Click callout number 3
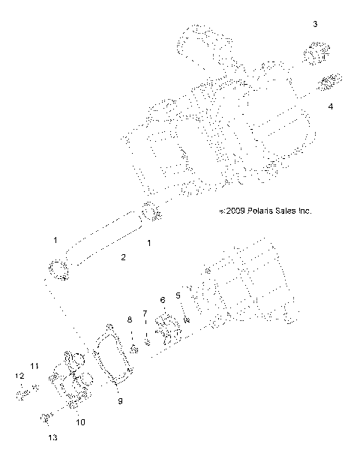[x=315, y=25]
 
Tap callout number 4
[x=331, y=106]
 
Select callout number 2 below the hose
[x=124, y=257]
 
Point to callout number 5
[x=178, y=295]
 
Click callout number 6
[x=163, y=300]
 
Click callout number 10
[x=80, y=421]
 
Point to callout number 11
[x=34, y=365]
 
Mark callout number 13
[x=52, y=436]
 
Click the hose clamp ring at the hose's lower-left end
[x=58, y=269]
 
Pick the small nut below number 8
[x=132, y=349]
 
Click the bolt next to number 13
[x=46, y=413]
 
